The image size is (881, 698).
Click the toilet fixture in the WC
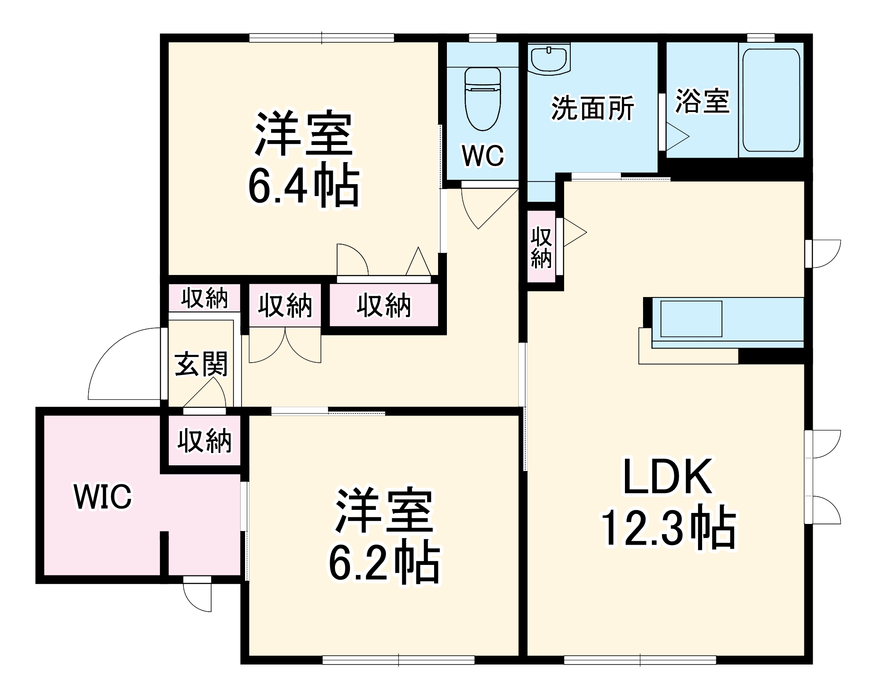point(483,99)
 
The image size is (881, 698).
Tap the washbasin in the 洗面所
point(549,59)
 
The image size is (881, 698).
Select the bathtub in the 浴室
point(771,100)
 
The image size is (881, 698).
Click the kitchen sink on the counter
point(691,319)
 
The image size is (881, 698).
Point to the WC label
point(483,156)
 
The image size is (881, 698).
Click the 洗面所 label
point(592,108)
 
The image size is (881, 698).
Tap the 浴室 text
point(703,101)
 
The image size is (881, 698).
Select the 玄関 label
point(201,364)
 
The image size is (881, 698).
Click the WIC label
point(103,497)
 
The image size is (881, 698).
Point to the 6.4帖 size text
point(304,186)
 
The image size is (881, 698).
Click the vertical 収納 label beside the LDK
point(541,248)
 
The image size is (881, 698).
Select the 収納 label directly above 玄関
point(204,298)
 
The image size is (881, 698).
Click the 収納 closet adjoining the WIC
point(204,440)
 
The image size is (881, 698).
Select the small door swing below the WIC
point(198,595)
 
